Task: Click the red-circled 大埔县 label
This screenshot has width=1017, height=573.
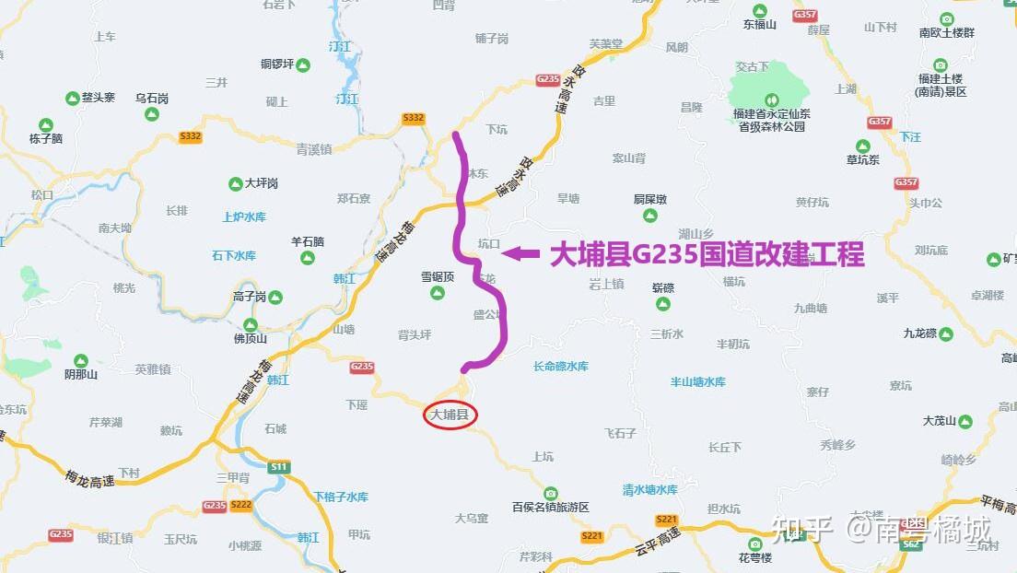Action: pyautogui.click(x=450, y=415)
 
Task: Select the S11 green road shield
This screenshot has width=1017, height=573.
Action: pyautogui.click(x=278, y=467)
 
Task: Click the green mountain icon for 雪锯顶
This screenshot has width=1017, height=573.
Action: pyautogui.click(x=438, y=293)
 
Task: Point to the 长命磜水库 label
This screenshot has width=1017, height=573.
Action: pyautogui.click(x=560, y=366)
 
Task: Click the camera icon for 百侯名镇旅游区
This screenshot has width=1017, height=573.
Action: pyautogui.click(x=550, y=492)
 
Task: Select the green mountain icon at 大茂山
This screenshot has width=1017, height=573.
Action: pyautogui.click(x=964, y=421)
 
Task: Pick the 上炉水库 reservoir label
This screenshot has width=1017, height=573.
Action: pyautogui.click(x=244, y=217)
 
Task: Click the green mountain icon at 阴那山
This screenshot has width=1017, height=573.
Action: pyautogui.click(x=80, y=359)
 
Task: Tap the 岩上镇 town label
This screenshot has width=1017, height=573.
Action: pyautogui.click(x=607, y=284)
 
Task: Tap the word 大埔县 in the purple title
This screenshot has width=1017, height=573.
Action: pyautogui.click(x=588, y=254)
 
